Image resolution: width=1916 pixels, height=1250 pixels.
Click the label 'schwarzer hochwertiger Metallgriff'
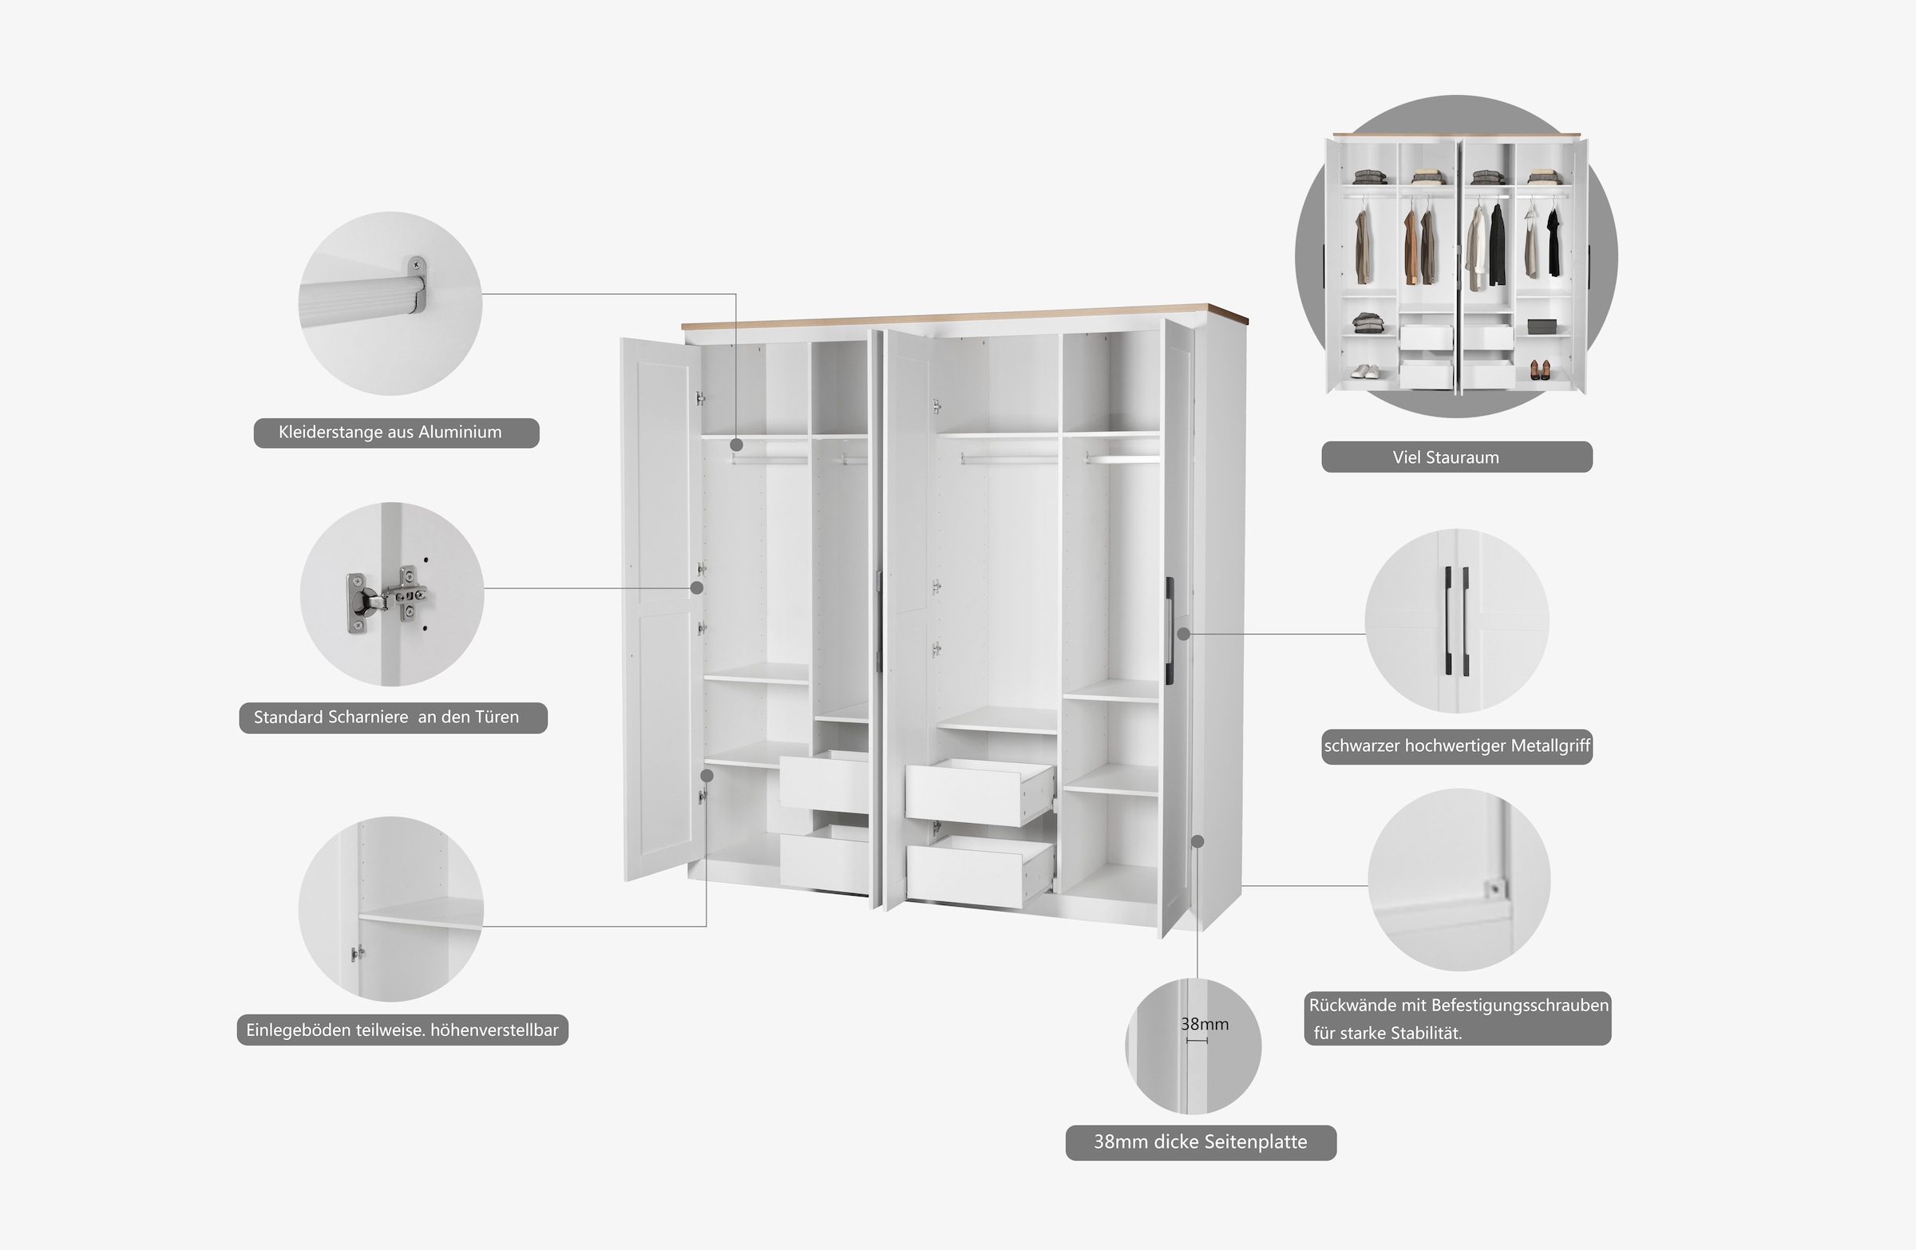click(1456, 746)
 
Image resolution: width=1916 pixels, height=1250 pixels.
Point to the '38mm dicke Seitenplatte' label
click(1200, 1142)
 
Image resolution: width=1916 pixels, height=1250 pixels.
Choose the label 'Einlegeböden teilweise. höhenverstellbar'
click(402, 1030)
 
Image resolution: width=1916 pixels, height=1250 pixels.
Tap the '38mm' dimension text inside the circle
click(1204, 1024)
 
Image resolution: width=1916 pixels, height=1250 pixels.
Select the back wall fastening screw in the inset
click(1495, 888)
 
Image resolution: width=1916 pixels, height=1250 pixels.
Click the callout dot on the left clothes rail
click(736, 445)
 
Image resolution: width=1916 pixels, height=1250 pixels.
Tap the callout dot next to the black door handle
click(1182, 635)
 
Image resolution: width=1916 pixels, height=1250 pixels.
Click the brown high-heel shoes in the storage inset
click(1539, 370)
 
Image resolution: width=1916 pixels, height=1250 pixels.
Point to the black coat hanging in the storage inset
click(1497, 246)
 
